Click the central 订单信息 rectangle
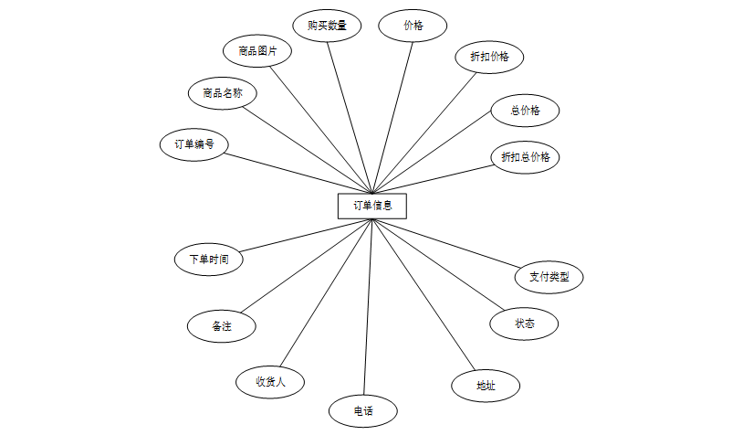pos(371,206)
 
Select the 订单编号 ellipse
pos(193,144)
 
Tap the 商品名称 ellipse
pos(223,92)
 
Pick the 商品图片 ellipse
pos(257,51)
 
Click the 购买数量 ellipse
pos(328,25)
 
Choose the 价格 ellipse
pos(413,26)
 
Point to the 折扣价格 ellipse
pos(489,57)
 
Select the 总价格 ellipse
pos(525,111)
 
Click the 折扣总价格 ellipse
pos(525,157)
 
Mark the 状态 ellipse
pos(524,324)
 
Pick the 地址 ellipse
pos(486,386)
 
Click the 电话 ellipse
pos(363,409)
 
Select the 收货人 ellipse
pos(270,381)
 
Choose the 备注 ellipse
pos(221,325)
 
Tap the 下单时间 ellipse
pos(209,259)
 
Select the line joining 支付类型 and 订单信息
pos(447,243)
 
